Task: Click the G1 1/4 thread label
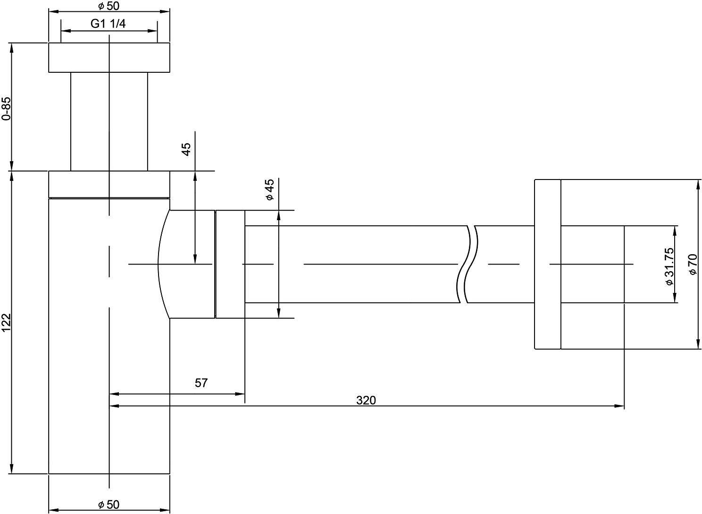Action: (108, 24)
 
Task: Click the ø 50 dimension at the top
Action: (109, 6)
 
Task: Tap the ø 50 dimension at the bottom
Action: (109, 505)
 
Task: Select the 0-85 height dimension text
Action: (6, 109)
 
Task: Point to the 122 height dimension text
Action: (6, 322)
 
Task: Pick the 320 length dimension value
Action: (366, 401)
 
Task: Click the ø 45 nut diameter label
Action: (269, 189)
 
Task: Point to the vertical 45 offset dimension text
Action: (186, 149)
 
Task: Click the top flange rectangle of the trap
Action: (109, 58)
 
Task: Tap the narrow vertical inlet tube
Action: (109, 121)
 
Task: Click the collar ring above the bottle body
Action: (109, 185)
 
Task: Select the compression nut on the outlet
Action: (230, 264)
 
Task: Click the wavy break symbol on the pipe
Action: (467, 264)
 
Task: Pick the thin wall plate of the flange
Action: (548, 264)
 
